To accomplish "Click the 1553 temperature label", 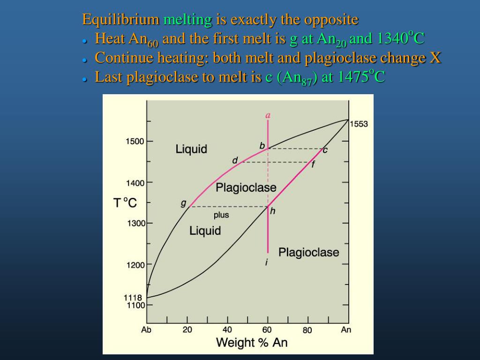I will pyautogui.click(x=359, y=124).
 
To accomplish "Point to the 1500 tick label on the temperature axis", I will pyautogui.click(x=135, y=141).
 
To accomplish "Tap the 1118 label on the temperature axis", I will pyautogui.click(x=133, y=298).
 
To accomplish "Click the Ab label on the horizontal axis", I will pyautogui.click(x=146, y=330).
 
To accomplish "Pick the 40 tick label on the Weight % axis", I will pyautogui.click(x=227, y=330).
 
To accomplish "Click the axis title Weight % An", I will pyautogui.click(x=252, y=343).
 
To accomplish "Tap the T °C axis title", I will pyautogui.click(x=125, y=203).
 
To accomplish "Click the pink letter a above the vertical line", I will pyautogui.click(x=268, y=115).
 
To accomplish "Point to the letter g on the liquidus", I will pyautogui.click(x=183, y=203).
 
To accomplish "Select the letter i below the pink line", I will pyautogui.click(x=267, y=262).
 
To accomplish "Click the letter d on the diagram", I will pyautogui.click(x=235, y=161).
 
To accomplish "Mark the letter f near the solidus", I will pyautogui.click(x=313, y=165).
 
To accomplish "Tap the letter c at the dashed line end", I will pyautogui.click(x=325, y=150).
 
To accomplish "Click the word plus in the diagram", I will pyautogui.click(x=221, y=215).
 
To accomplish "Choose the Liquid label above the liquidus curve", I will pyautogui.click(x=191, y=149).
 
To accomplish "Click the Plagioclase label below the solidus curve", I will pyautogui.click(x=308, y=252).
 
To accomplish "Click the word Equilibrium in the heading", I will pyautogui.click(x=121, y=20).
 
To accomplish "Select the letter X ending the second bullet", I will pyautogui.click(x=435, y=58).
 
